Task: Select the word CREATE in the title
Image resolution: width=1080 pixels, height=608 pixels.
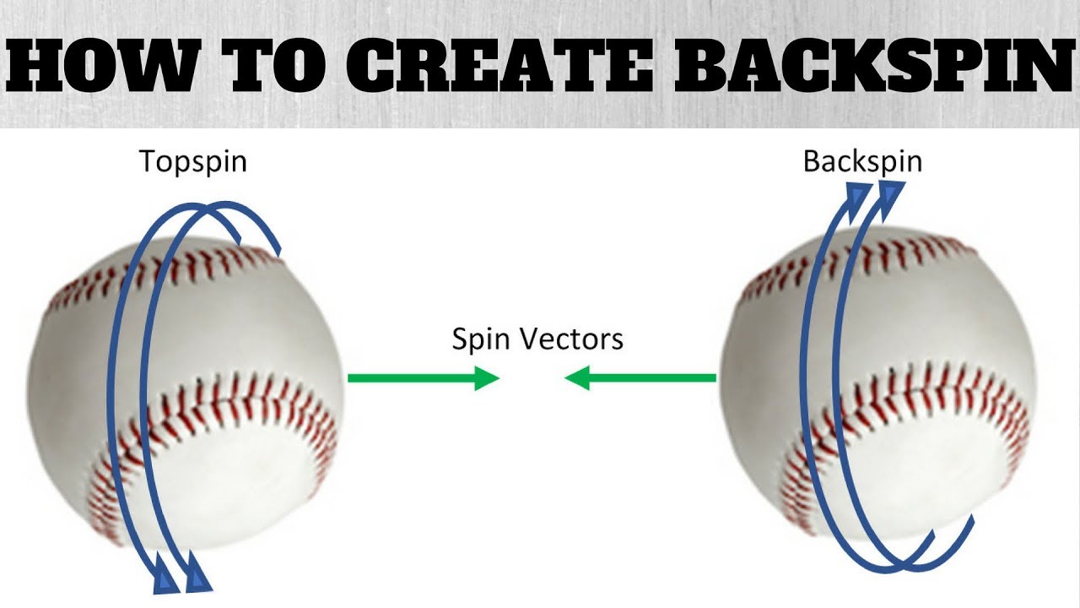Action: [500, 66]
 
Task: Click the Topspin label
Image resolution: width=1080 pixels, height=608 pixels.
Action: [193, 161]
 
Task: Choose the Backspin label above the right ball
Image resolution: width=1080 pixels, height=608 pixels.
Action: [862, 161]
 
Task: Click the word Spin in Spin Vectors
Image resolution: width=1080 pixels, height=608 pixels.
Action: [481, 339]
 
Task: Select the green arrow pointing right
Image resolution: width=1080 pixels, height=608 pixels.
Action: [424, 377]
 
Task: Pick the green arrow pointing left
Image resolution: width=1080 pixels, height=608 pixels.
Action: [640, 377]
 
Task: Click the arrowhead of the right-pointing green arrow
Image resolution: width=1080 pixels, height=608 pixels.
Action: [487, 377]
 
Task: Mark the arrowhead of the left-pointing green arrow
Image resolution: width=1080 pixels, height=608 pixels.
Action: [576, 377]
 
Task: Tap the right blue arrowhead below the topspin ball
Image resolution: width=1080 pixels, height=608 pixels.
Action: [197, 578]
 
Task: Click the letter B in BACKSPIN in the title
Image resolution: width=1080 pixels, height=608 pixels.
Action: [700, 66]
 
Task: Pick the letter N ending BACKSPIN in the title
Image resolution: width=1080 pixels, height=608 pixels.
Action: [1045, 66]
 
